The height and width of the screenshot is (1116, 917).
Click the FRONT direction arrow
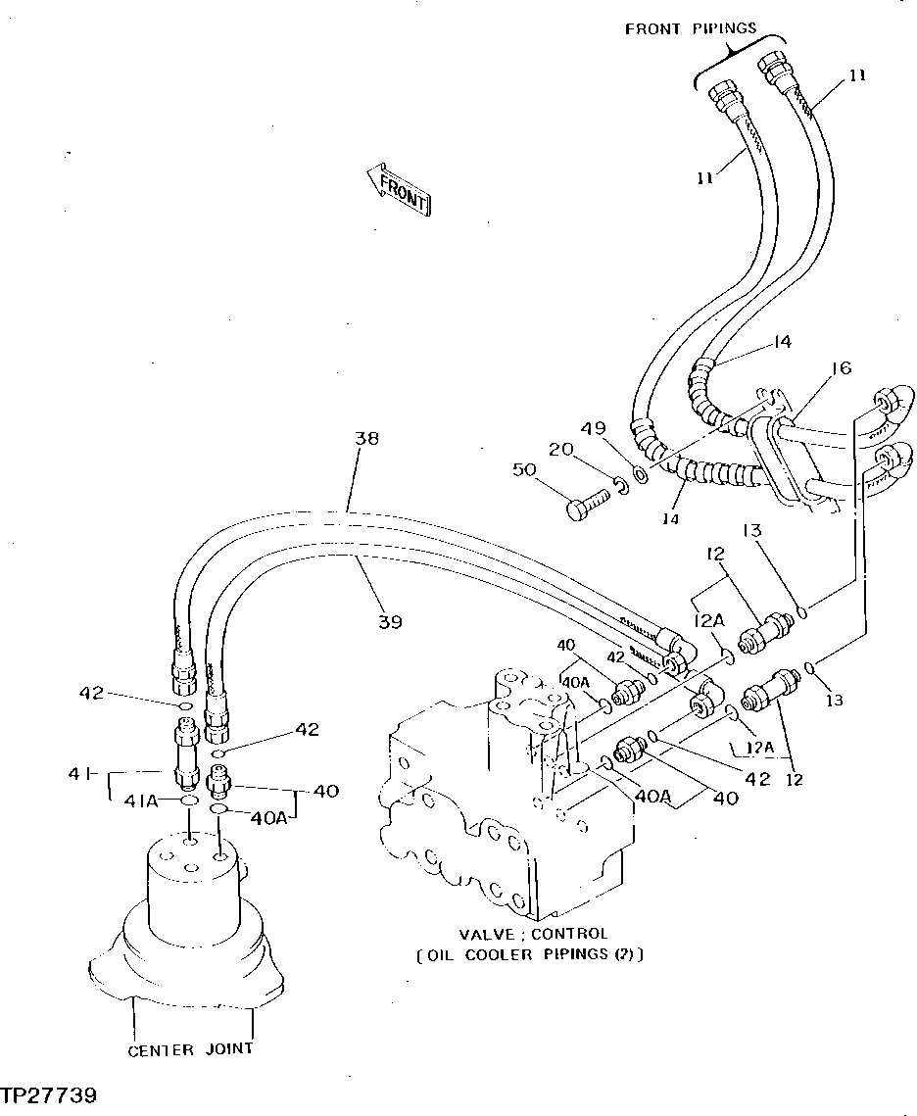click(397, 188)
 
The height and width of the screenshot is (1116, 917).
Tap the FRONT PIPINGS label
click(691, 28)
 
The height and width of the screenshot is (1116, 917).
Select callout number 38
click(366, 439)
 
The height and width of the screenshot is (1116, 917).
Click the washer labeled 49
click(639, 474)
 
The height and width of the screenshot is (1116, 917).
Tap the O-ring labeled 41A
click(188, 801)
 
